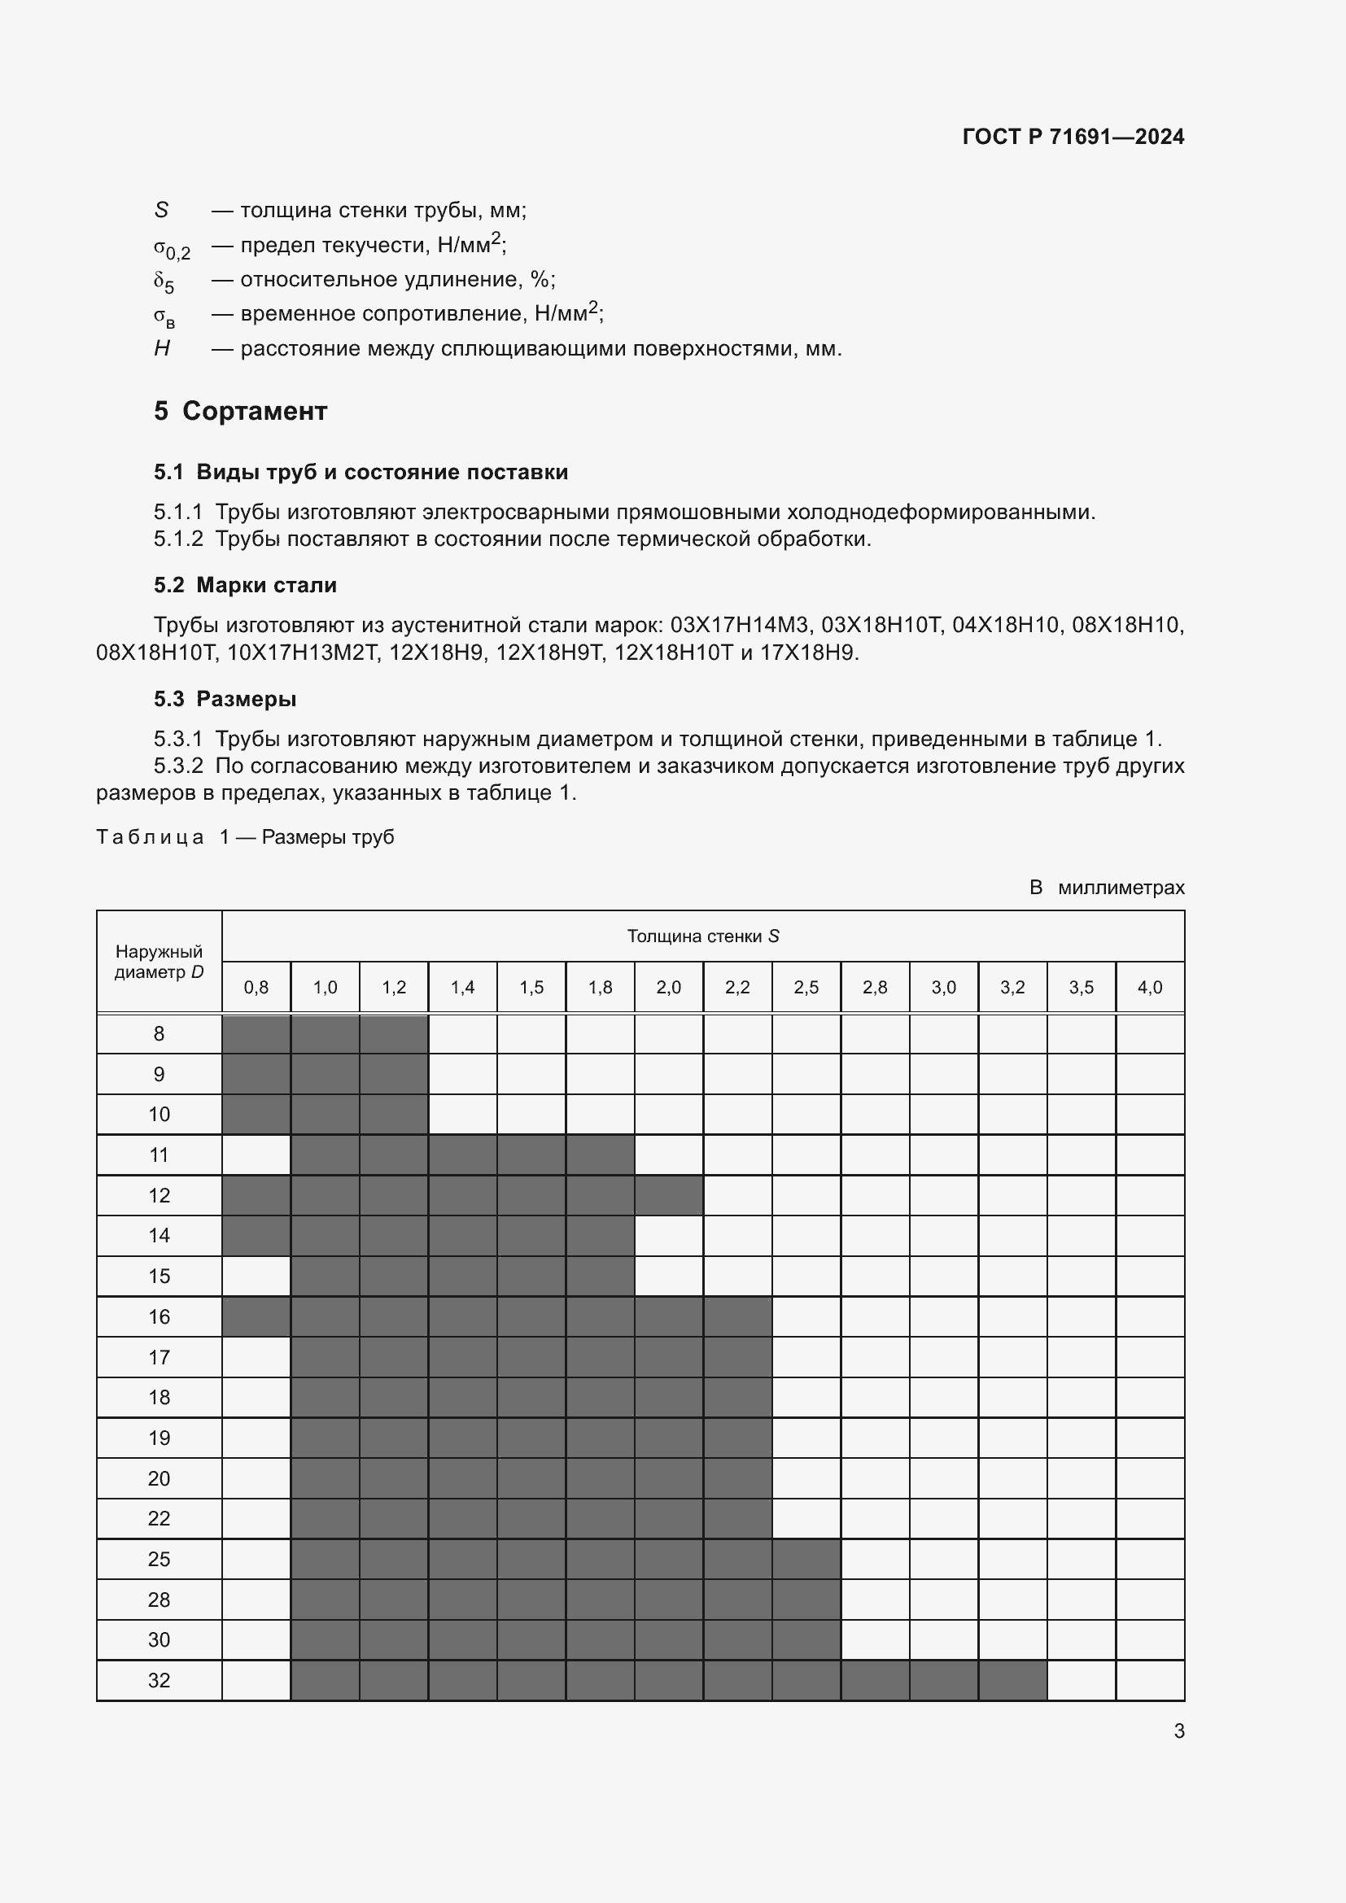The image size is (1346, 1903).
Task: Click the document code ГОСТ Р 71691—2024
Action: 1073,137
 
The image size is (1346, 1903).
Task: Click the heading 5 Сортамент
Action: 240,411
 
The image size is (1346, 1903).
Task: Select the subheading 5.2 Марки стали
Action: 245,585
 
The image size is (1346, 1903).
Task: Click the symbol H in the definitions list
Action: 162,349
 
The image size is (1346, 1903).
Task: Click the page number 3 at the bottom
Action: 1178,1731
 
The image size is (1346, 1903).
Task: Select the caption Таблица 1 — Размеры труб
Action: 245,837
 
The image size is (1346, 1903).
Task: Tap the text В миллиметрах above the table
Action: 1107,888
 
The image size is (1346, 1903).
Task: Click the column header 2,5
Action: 806,987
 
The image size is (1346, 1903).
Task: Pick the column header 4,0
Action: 1150,987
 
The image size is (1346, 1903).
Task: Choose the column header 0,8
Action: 256,987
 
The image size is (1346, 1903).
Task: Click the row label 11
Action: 160,1154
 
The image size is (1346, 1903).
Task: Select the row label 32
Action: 160,1680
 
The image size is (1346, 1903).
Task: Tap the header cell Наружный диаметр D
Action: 160,962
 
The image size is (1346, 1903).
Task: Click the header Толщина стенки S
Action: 703,936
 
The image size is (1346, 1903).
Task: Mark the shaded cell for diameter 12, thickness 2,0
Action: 668,1195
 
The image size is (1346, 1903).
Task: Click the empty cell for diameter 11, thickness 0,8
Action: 256,1154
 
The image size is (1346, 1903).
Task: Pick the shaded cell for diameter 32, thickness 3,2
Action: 1012,1680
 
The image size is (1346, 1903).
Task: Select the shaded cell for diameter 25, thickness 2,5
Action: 806,1559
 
